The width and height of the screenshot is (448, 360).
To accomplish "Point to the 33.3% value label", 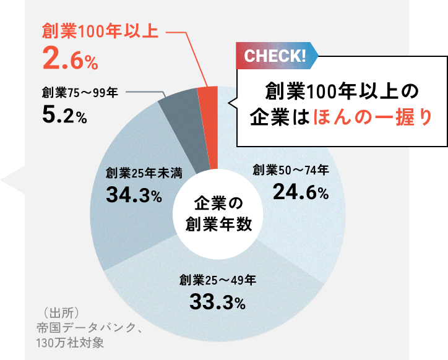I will coord(217,302).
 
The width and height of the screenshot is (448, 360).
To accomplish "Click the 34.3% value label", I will coord(134,195).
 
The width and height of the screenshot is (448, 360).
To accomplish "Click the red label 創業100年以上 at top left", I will coord(100,31).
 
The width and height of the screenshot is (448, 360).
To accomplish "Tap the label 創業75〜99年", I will coord(80,93).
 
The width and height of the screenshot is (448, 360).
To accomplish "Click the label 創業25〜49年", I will coord(217,279).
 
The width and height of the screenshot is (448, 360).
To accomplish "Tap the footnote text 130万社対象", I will coord(72,341).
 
